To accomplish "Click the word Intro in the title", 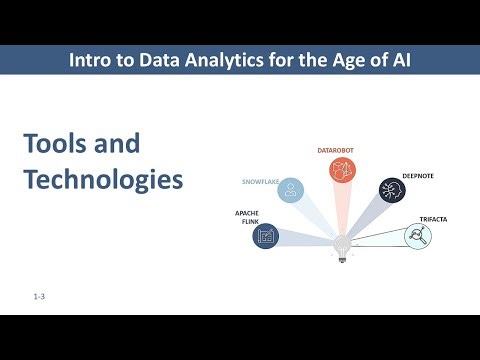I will pos(90,60).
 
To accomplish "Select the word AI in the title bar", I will pos(399,60).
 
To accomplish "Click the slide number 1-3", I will pos(39,297).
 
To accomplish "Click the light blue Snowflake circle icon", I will pos(291,190).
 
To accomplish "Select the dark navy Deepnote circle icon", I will pos(392,191).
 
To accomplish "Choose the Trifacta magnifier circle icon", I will pos(418,236).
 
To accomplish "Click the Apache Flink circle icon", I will pos(265,236).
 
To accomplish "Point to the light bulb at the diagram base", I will pos(342,246).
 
